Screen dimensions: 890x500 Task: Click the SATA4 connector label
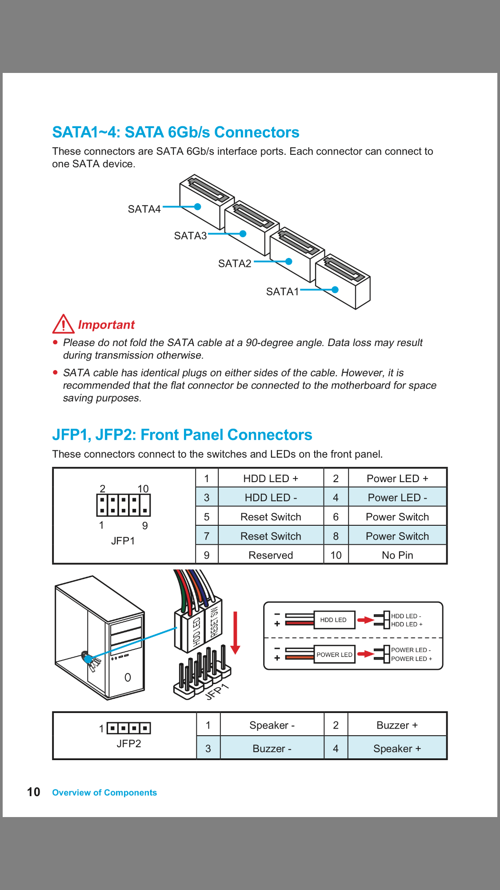144,209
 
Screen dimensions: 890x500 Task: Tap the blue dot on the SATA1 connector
335,290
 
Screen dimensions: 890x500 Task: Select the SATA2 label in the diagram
235,264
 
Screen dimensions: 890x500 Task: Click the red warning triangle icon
63,324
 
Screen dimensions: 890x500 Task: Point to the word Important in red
106,325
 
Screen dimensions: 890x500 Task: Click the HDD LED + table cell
270,479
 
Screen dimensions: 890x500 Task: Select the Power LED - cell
397,498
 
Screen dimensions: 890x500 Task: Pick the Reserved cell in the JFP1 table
270,555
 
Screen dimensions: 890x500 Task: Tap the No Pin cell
397,555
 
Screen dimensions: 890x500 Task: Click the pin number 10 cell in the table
336,555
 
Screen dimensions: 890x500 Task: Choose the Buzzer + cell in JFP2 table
397,725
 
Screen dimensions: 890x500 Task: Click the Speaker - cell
272,725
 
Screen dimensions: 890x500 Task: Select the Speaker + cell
397,749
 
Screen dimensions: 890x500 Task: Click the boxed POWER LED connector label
334,655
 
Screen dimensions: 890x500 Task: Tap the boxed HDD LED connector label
333,620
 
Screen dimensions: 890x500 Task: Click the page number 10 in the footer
34,792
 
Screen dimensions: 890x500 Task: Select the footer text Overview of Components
104,793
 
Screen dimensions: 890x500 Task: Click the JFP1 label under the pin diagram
123,541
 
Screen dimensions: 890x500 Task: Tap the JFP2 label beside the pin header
129,744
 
